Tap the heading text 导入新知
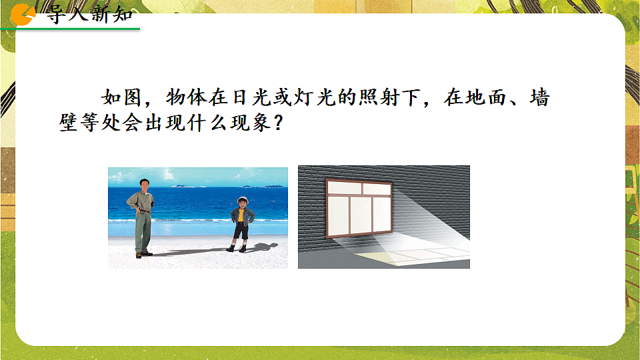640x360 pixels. click(89, 15)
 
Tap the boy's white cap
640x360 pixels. click(241, 199)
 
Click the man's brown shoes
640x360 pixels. click(143, 253)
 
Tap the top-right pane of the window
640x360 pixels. click(377, 189)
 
